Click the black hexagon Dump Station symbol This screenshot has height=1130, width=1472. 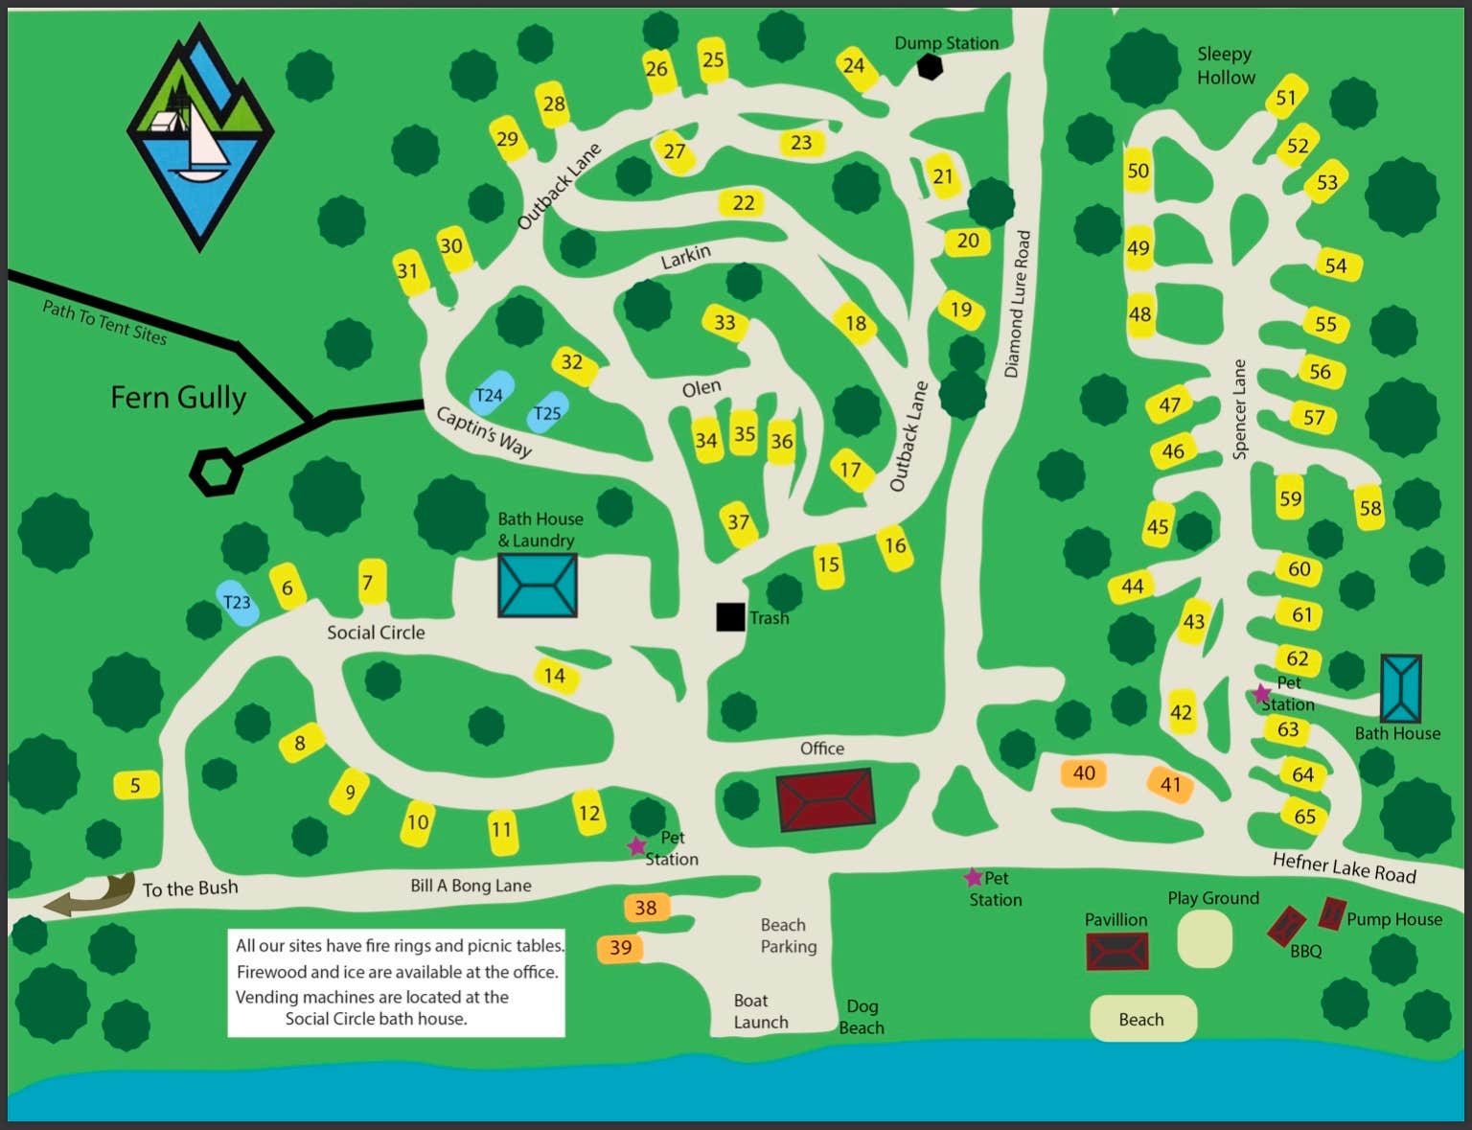coord(930,67)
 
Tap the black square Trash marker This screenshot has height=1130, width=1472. coord(730,617)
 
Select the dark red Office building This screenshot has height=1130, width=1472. coord(825,798)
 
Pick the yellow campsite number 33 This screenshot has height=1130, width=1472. coord(724,322)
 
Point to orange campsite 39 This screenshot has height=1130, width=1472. coord(620,948)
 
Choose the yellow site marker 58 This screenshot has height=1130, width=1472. coord(1370,507)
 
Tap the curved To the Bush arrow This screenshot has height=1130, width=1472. coord(91,894)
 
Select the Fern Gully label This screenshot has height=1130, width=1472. coord(178,397)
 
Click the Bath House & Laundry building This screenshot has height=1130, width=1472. coord(537,585)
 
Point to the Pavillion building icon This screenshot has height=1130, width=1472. coord(1116,952)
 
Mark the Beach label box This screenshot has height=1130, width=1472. coord(1142,1019)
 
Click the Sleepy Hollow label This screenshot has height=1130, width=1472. coord(1225,65)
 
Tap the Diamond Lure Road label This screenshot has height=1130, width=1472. coord(1018,304)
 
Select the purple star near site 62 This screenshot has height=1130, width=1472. coord(1262,694)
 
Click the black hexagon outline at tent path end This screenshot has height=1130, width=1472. coord(215,472)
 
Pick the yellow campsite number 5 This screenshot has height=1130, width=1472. coord(135,785)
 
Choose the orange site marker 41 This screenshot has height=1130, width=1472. coord(1170,784)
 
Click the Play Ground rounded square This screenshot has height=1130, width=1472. coord(1204,938)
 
